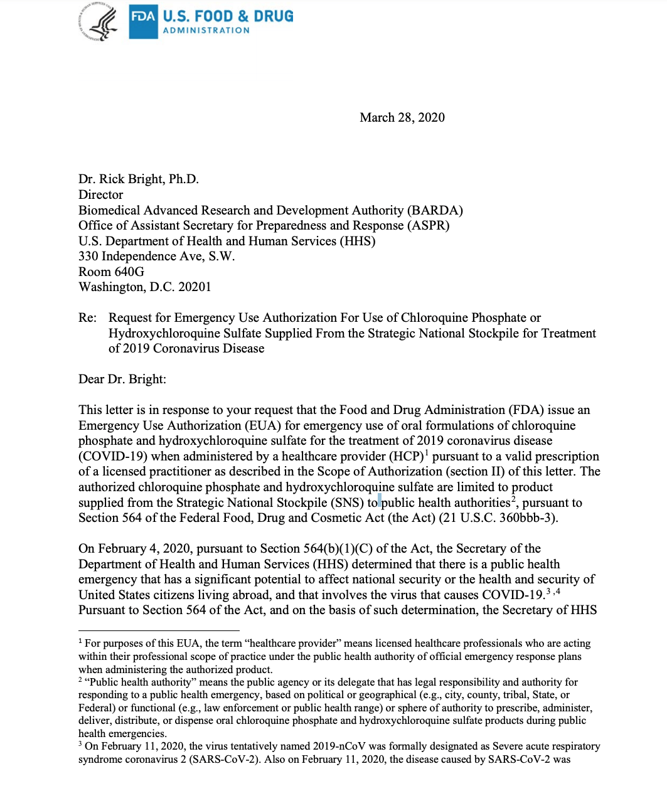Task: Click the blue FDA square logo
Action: pyautogui.click(x=143, y=21)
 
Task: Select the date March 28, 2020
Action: pyautogui.click(x=402, y=118)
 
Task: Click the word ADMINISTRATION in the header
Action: pyautogui.click(x=206, y=30)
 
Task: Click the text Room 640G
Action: pyautogui.click(x=111, y=272)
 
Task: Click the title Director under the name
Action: pyautogui.click(x=100, y=195)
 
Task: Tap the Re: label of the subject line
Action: pyautogui.click(x=87, y=318)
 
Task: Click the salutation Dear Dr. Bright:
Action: pyautogui.click(x=122, y=380)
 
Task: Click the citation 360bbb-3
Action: pyautogui.click(x=527, y=518)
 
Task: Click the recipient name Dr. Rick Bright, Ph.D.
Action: pyautogui.click(x=138, y=179)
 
